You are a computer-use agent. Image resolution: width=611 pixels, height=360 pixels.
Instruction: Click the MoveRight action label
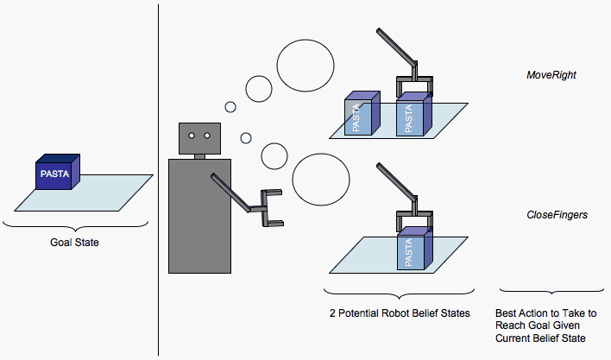(x=551, y=76)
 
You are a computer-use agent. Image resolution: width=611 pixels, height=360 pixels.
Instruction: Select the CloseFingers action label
(x=557, y=214)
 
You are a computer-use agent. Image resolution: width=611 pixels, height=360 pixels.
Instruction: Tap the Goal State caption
(x=74, y=243)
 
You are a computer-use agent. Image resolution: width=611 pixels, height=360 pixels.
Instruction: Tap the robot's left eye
(x=192, y=135)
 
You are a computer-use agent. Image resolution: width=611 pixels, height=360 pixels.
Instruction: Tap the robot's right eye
(x=208, y=135)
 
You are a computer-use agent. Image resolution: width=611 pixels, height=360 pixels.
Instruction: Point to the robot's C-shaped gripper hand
(x=270, y=209)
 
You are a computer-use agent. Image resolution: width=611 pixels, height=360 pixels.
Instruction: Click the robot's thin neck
(x=200, y=156)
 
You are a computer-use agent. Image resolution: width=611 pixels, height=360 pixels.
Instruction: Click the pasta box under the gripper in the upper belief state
(x=412, y=117)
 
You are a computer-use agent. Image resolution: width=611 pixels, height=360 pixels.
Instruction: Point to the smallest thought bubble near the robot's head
(x=230, y=108)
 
